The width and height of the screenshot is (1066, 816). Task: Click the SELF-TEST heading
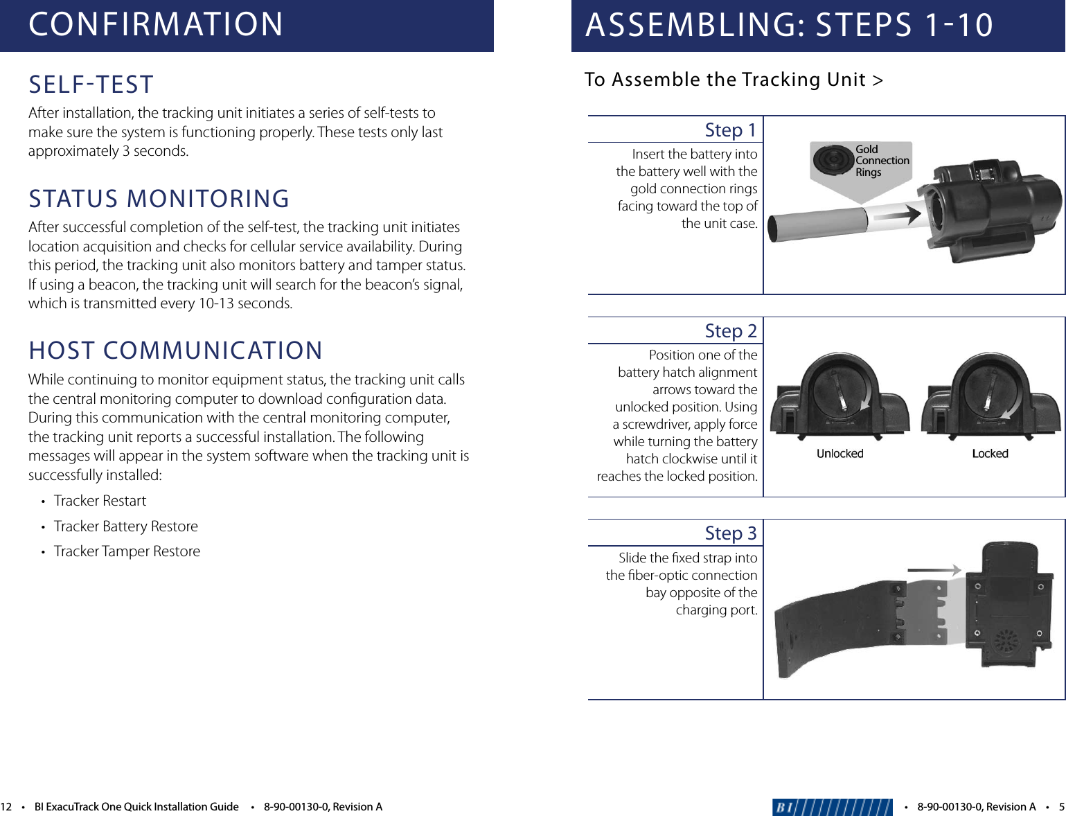tap(91, 85)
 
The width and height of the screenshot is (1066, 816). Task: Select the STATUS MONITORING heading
tap(159, 199)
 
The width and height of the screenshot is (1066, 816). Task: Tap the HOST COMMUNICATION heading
tap(175, 351)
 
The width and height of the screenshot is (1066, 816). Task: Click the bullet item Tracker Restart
tap(100, 501)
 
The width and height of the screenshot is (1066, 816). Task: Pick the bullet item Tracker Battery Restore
tap(126, 526)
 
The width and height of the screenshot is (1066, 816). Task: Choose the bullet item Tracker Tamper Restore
tap(127, 551)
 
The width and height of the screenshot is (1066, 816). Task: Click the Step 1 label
tap(730, 130)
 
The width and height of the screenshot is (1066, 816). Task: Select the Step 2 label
tap(730, 331)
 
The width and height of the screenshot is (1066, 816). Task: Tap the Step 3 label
tap(730, 533)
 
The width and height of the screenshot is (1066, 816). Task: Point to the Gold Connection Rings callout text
tap(881, 161)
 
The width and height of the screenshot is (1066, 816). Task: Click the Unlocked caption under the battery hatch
tap(840, 454)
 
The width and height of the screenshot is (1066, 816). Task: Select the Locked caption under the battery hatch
tap(990, 454)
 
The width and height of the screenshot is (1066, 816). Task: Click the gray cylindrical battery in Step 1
tap(817, 225)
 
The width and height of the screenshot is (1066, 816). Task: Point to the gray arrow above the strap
tap(934, 570)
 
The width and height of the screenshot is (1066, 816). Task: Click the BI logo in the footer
tap(832, 807)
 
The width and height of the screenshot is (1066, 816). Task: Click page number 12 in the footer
tap(6, 807)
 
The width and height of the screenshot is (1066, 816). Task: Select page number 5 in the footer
tap(1061, 807)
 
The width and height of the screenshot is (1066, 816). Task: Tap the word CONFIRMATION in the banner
tap(156, 24)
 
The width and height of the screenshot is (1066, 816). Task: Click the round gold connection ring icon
tap(833, 160)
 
